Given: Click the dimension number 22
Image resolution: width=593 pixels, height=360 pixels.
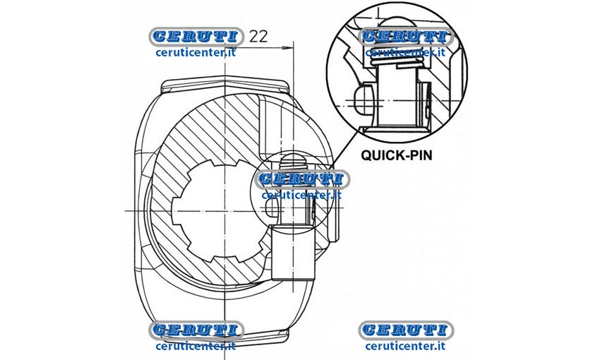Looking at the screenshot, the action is [258, 36].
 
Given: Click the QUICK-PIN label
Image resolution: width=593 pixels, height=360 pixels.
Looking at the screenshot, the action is [396, 155].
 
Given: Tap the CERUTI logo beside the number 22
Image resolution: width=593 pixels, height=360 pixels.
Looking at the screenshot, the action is [196, 36].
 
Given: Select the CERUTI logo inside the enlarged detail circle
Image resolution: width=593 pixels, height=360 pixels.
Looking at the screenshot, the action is [405, 37].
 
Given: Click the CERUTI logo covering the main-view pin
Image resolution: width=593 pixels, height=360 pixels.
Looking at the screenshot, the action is [302, 179].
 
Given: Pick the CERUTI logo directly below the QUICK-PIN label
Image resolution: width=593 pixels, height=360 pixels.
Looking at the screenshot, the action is [405, 330].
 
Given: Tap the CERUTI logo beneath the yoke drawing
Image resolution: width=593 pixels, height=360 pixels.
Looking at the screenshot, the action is [196, 330].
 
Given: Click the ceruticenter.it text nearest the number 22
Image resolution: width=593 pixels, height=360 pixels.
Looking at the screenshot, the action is [196, 52].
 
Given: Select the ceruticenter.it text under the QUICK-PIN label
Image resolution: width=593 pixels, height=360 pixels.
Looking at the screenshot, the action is [405, 346].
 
